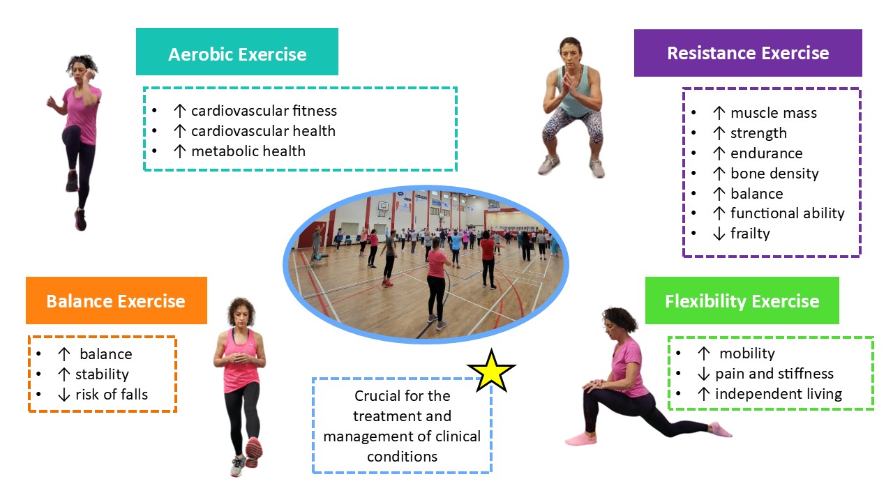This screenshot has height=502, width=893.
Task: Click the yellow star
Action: click(492, 372)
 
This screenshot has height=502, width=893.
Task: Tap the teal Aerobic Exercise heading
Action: click(237, 52)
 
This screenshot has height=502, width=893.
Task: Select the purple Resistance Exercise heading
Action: click(748, 53)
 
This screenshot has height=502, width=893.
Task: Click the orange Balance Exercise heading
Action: click(117, 301)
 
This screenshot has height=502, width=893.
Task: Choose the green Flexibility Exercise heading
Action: click(742, 301)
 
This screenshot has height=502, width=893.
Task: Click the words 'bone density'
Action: click(774, 174)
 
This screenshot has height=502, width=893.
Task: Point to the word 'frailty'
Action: click(750, 234)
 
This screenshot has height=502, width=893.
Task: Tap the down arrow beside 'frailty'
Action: click(719, 234)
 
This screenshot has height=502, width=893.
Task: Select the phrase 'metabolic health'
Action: click(248, 151)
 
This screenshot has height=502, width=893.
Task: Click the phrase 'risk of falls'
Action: click(112, 395)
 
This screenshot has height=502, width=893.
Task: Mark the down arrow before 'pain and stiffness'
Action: click(704, 374)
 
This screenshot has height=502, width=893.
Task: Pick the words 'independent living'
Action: click(779, 394)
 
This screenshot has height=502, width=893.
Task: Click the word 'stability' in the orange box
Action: click(102, 374)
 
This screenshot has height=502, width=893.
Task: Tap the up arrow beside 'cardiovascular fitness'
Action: click(180, 111)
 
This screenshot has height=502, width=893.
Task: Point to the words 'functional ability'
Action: click(788, 213)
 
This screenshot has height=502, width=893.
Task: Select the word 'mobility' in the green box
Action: click(747, 353)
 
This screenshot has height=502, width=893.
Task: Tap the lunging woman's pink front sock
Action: click(581, 439)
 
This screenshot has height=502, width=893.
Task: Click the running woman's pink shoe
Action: click(80, 220)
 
